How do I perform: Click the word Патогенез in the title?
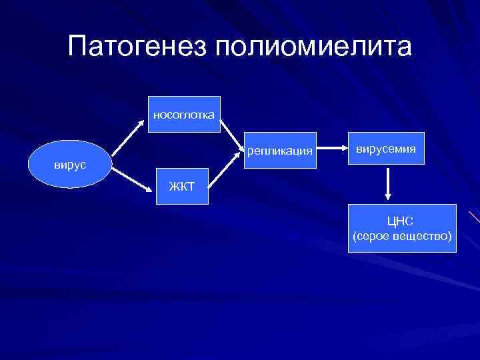pos(137,47)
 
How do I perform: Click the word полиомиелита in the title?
pos(313,47)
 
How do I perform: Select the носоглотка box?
pos(183,115)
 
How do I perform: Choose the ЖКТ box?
pos(181,185)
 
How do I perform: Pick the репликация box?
pos(279,151)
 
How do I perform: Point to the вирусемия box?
pos(385,150)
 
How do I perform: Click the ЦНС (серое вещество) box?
pos(403,228)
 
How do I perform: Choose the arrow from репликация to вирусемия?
pos(329,151)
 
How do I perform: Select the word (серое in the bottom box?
pos(369,237)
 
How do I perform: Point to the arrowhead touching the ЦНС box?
pos(387,199)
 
